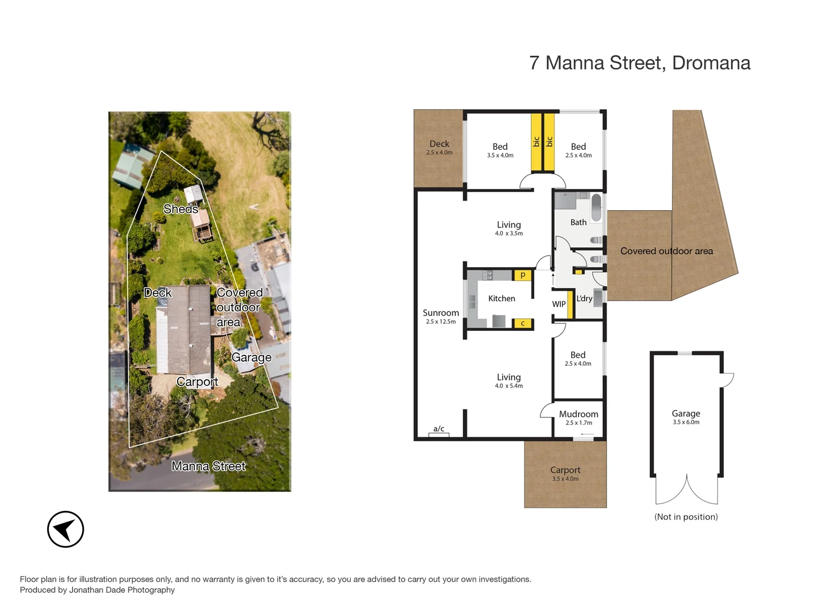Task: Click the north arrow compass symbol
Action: [65, 529]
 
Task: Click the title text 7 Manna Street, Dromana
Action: [639, 63]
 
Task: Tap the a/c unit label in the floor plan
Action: [438, 429]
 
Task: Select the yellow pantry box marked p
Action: [523, 275]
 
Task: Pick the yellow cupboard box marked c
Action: [523, 323]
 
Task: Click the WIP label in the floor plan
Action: [559, 304]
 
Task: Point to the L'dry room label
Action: [584, 298]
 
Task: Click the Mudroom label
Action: [579, 414]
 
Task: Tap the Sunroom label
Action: [441, 313]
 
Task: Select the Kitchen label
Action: [502, 298]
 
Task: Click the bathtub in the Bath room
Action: [596, 208]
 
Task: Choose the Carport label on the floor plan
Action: [565, 470]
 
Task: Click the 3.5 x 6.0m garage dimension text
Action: [686, 423]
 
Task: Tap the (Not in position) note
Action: [686, 516]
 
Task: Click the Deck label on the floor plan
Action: [439, 143]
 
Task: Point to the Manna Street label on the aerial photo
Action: [208, 466]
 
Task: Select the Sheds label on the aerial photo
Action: [181, 209]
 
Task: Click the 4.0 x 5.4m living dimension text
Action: [509, 386]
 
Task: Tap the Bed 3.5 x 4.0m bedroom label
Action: [500, 147]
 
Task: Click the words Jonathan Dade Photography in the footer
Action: [122, 590]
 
